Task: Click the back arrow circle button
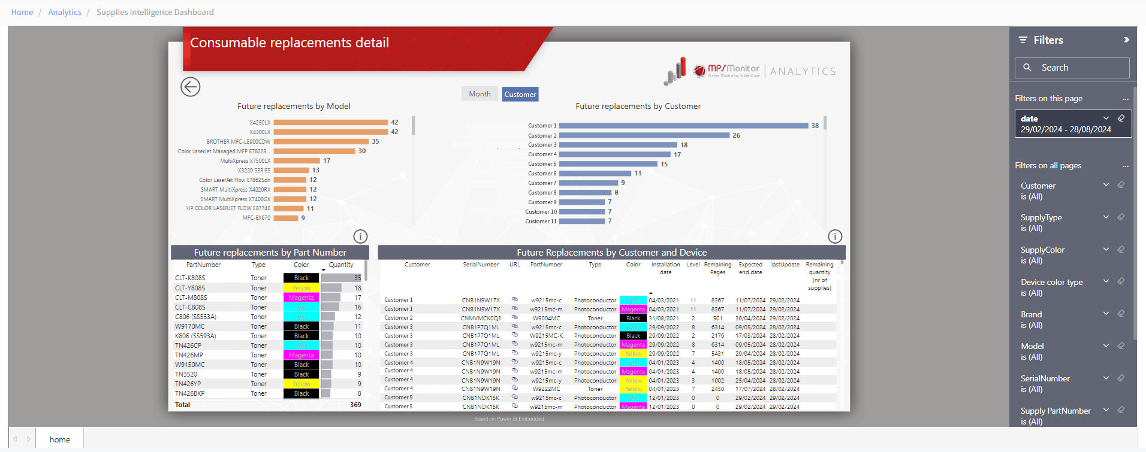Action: [191, 87]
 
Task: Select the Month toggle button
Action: [479, 94]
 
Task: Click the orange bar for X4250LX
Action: [330, 122]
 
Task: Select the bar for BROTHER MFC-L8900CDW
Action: [321, 141]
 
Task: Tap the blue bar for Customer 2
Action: [644, 135]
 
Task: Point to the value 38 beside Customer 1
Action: [815, 126]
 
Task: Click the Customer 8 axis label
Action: [542, 193]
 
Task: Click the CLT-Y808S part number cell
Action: [190, 288]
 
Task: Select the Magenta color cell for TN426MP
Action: [301, 355]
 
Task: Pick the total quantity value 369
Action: [355, 405]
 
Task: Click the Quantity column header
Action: [340, 265]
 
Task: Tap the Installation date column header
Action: [665, 268]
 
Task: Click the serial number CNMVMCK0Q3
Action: [481, 318]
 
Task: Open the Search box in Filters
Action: [1072, 68]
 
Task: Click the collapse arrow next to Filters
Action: [1126, 40]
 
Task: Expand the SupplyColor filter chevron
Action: [1106, 249]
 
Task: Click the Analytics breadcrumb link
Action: [65, 12]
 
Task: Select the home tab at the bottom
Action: [59, 439]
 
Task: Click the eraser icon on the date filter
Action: [1121, 118]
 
